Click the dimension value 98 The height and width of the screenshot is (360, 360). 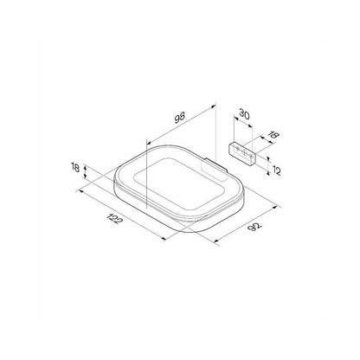179,117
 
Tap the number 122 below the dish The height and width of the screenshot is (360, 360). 114,219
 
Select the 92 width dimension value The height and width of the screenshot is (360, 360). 254,227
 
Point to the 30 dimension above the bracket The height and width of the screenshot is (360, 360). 244,114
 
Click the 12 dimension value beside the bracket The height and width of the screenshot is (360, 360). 276,170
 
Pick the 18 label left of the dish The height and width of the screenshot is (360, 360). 75,167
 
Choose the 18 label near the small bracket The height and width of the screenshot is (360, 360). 274,135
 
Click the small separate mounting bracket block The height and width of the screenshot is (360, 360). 242,154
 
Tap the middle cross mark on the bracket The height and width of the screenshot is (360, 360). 244,151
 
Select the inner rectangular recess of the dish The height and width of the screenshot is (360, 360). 179,183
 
